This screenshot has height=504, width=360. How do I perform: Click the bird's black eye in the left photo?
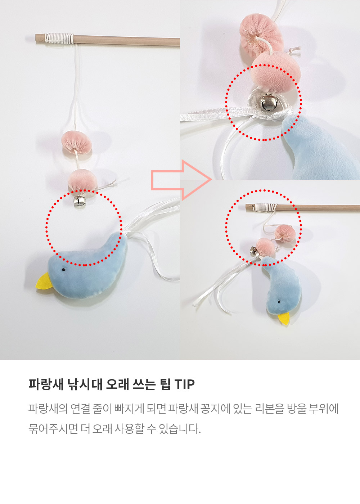click(64, 269)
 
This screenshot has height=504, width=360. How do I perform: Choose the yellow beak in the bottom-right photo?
click(284, 318)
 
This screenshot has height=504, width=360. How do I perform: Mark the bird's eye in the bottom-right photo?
click(279, 302)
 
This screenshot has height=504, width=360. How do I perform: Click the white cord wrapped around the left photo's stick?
click(59, 38)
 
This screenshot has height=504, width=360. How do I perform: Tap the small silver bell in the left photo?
click(80, 201)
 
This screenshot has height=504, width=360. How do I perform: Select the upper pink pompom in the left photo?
click(77, 142)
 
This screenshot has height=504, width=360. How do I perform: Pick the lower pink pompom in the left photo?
click(82, 180)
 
